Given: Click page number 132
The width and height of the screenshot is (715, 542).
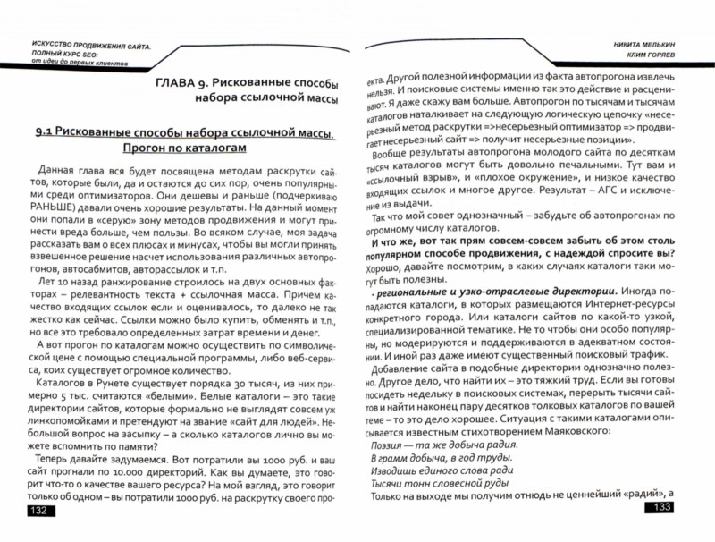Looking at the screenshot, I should pyautogui.click(x=40, y=510).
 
